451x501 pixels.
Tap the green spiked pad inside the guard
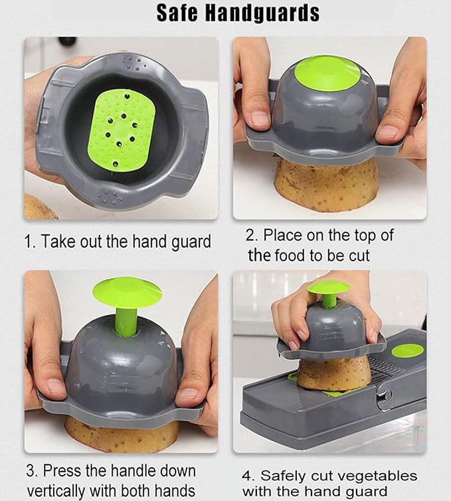coord(121,130)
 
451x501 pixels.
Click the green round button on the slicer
coord(406,350)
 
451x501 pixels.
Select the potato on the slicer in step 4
coord(333,373)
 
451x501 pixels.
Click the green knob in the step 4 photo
coord(328,287)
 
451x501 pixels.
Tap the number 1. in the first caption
coord(30,241)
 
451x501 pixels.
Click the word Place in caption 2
coord(282,235)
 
